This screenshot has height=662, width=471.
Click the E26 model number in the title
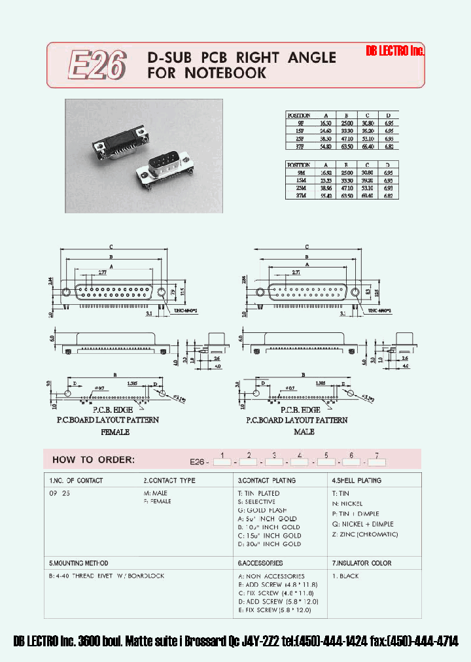point(97,65)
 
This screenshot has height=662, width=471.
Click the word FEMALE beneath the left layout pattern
point(114,432)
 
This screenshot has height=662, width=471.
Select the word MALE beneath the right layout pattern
point(304,432)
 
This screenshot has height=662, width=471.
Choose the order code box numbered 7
point(377,462)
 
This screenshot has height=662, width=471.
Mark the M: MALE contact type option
point(157,493)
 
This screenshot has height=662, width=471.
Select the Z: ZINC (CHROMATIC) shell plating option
point(364,534)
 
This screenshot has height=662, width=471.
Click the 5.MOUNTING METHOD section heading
point(78,563)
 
